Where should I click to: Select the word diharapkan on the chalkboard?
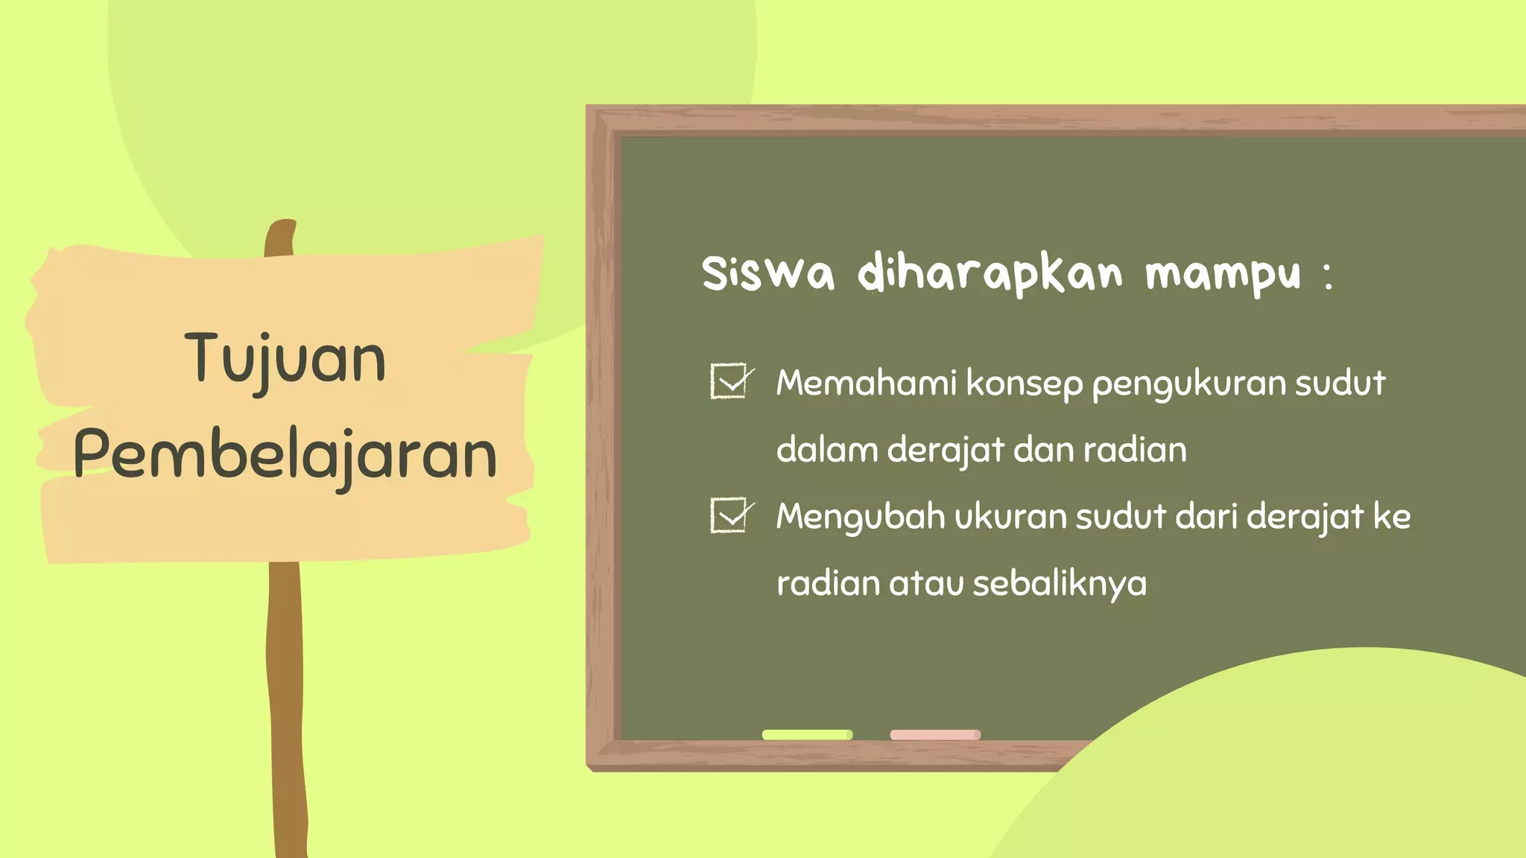click(x=990, y=274)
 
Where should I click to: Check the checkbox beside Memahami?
click(x=729, y=381)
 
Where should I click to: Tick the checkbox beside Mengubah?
click(x=729, y=515)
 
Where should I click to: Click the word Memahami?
click(x=866, y=383)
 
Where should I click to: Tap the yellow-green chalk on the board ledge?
click(x=807, y=734)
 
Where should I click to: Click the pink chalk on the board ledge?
click(x=935, y=734)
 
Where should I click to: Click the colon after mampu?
click(x=1328, y=276)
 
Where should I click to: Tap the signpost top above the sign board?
click(x=280, y=237)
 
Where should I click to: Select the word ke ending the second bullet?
click(x=1391, y=517)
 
